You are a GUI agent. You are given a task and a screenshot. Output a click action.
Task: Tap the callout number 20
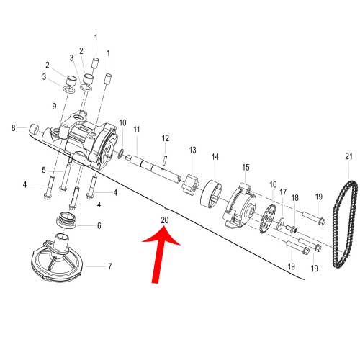(165, 220)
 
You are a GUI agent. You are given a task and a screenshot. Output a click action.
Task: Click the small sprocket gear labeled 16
(268, 219)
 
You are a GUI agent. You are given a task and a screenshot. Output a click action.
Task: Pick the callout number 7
(110, 266)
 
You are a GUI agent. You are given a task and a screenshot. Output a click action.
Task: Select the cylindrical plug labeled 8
(34, 129)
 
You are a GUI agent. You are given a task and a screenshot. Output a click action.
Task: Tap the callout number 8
(13, 128)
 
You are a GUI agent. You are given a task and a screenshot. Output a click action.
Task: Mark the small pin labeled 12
(164, 162)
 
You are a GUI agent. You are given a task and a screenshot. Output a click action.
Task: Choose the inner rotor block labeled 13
(191, 184)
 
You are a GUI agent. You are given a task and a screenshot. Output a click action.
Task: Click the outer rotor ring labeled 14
(211, 194)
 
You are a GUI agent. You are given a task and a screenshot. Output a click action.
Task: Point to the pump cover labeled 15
(240, 205)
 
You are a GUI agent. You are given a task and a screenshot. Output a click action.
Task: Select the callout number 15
(246, 167)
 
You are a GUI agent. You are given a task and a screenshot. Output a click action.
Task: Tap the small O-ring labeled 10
(121, 153)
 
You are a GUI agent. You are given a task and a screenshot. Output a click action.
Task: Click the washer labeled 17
(280, 224)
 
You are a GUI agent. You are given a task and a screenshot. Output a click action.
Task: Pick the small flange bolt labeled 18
(292, 229)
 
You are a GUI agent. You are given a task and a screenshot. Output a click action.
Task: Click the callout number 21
(348, 156)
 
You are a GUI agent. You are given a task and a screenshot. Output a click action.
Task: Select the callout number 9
(54, 106)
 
